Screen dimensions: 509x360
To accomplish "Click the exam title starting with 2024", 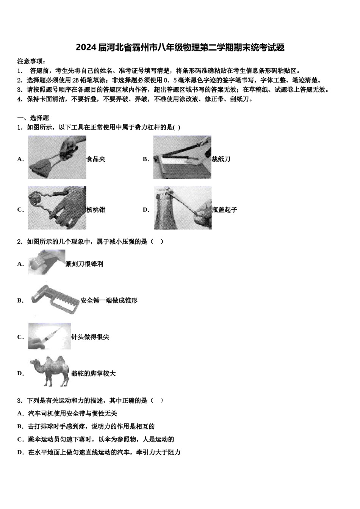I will click(180, 47).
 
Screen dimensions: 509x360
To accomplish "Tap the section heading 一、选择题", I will click(33, 118).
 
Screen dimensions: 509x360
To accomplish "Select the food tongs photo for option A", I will click(57, 157).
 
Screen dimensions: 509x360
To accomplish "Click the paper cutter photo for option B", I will click(182, 157).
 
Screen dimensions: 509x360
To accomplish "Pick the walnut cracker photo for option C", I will click(57, 208).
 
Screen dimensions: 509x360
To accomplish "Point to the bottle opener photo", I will click(182, 208).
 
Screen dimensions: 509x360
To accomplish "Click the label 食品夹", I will click(96, 159).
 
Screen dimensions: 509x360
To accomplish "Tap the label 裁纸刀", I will click(221, 159).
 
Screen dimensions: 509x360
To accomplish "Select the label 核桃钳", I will click(96, 209).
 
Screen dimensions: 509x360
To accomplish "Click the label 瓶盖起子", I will click(224, 209).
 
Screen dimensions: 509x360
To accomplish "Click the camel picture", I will click(49, 371).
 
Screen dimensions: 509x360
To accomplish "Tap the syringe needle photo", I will click(49, 336).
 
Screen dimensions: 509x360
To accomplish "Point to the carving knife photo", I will click(46, 262).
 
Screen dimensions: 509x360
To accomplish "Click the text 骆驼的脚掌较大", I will click(93, 373).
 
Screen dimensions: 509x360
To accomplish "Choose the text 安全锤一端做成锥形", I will click(109, 300).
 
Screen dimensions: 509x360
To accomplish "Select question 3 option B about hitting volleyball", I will click(91, 426).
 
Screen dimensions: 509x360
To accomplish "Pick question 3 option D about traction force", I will click(104, 452).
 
